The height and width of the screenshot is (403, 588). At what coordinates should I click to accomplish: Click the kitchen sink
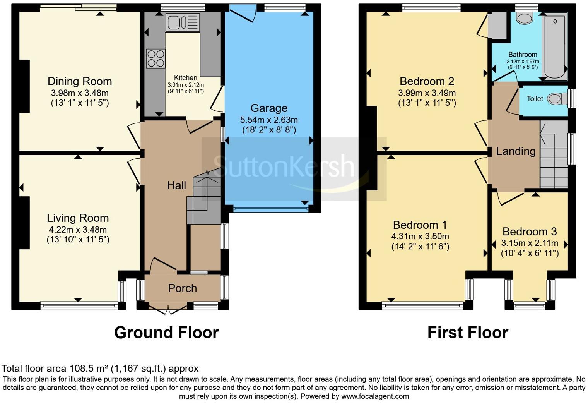[182, 22]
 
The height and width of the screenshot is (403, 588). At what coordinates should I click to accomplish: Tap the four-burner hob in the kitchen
[155, 58]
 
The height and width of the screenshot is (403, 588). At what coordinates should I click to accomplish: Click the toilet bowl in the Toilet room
[556, 99]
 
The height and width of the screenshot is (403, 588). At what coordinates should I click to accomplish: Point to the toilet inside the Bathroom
[525, 18]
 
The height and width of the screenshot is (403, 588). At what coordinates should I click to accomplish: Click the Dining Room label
[80, 81]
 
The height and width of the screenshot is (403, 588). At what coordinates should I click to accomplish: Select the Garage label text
[269, 108]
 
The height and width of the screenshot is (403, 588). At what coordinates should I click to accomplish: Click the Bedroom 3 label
[530, 232]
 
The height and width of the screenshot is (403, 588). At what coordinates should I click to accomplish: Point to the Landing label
[516, 151]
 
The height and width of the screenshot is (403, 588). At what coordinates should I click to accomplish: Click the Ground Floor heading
[166, 333]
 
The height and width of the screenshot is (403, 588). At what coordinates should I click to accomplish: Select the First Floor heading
[468, 333]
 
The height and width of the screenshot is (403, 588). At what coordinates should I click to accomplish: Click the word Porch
[182, 288]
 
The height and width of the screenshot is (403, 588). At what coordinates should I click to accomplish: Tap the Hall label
[176, 186]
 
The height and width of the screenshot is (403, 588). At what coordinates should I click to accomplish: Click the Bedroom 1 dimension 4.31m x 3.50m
[420, 236]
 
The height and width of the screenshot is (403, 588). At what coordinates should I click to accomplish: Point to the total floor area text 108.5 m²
[100, 368]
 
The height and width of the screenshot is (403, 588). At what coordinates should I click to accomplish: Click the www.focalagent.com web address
[375, 396]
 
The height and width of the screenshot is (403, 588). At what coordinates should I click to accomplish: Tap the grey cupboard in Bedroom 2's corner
[497, 25]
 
